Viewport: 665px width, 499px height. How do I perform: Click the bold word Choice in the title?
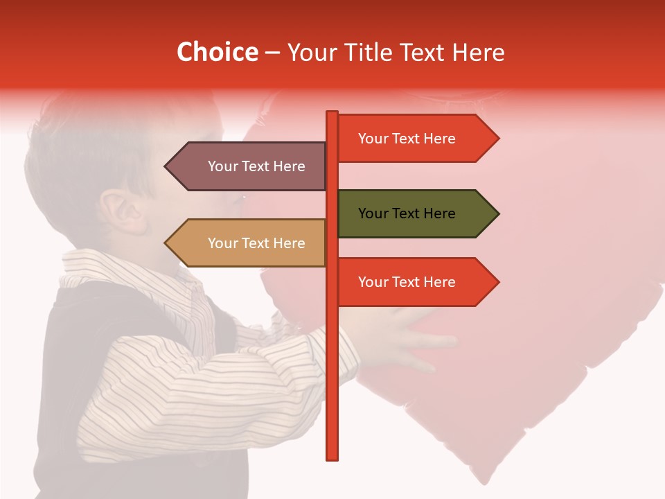tap(217, 52)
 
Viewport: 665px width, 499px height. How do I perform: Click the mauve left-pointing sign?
tap(249, 166)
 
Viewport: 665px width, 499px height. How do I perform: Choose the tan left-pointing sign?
tap(249, 243)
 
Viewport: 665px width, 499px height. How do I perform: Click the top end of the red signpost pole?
tap(332, 113)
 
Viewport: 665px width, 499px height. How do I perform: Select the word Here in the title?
tap(478, 52)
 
